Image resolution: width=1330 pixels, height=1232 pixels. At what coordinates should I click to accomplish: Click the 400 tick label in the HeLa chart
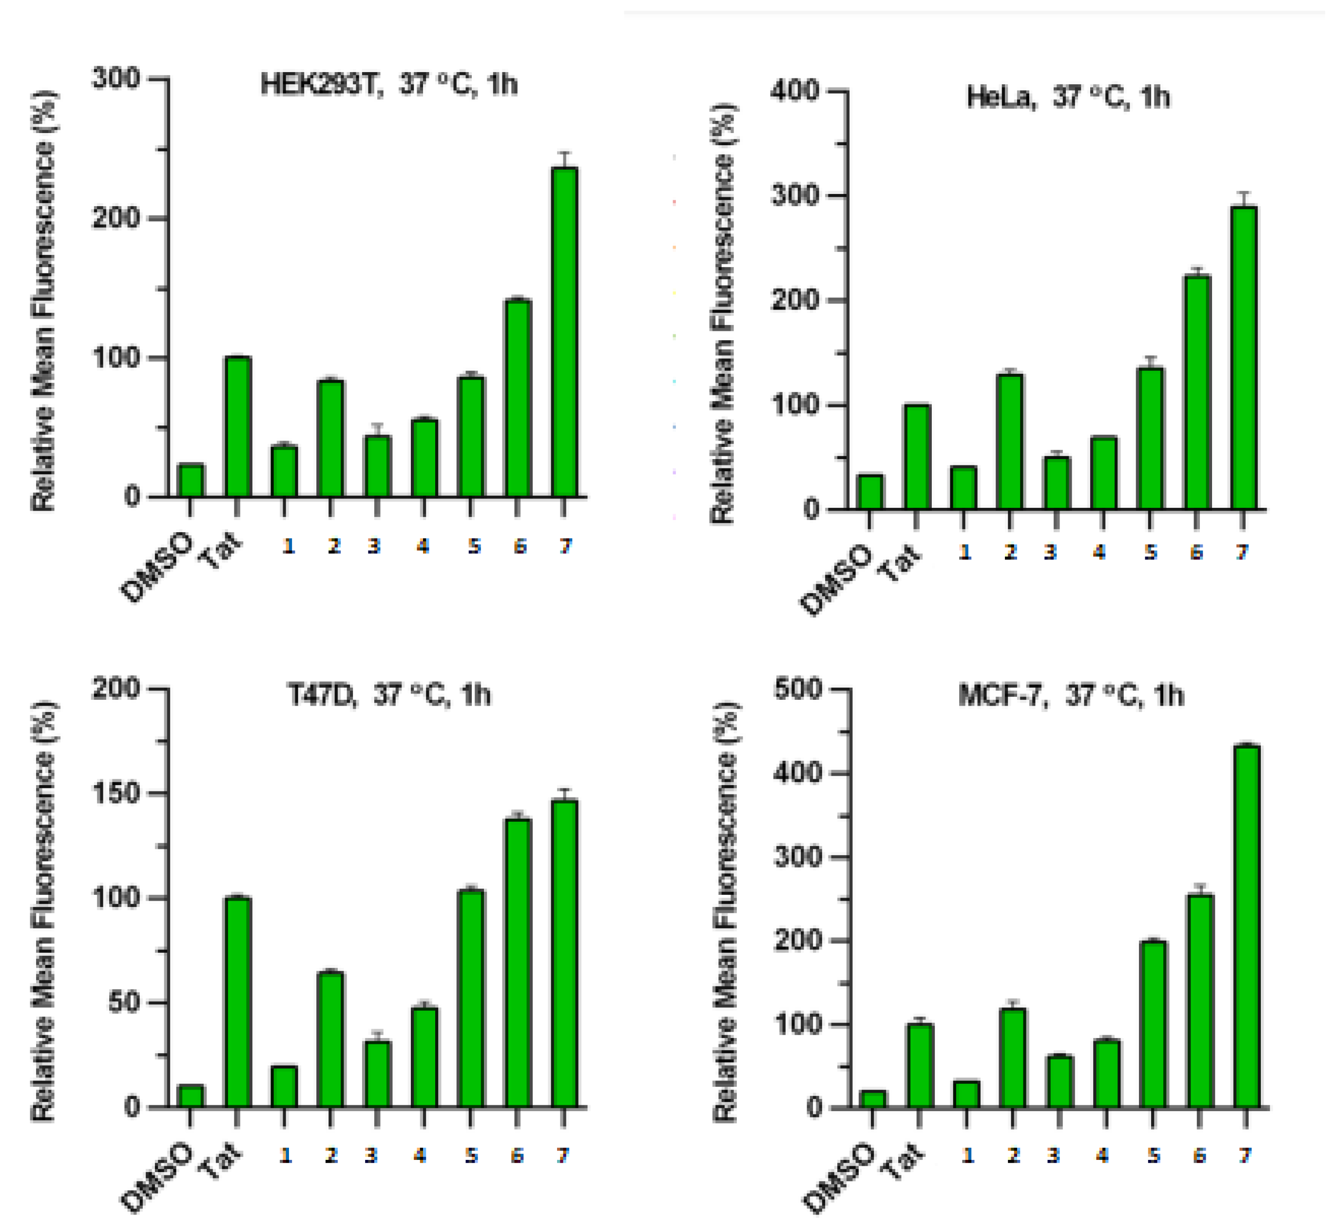coord(795,91)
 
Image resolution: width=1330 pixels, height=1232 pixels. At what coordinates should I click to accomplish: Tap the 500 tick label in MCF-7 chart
coord(797,689)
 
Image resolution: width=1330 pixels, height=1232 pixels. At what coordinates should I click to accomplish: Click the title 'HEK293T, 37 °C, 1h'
coord(388,85)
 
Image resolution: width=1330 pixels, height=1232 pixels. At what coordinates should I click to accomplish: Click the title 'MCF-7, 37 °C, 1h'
coord(1071,695)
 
